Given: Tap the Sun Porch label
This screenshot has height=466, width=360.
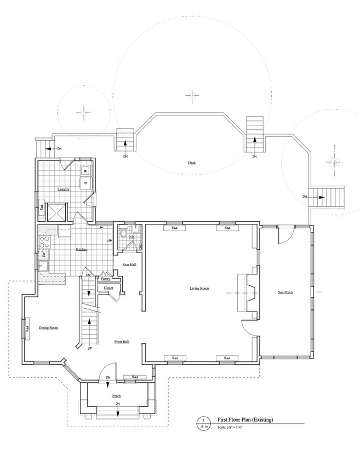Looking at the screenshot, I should click(285, 292).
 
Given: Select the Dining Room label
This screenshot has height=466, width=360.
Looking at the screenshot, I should click(48, 327).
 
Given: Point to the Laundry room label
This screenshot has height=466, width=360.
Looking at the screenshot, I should click(63, 189).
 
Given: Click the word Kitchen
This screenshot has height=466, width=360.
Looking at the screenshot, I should click(82, 250).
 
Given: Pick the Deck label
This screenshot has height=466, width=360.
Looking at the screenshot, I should click(192, 163).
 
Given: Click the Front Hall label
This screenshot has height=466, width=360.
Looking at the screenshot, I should click(122, 342).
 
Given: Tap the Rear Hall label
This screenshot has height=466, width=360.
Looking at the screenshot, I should click(129, 264).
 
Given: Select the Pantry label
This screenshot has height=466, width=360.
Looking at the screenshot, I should click(106, 279).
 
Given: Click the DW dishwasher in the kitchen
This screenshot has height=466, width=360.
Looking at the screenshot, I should click(43, 255).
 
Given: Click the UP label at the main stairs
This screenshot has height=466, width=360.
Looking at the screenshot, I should click(90, 347).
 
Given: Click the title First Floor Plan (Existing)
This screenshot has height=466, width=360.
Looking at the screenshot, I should click(245, 419).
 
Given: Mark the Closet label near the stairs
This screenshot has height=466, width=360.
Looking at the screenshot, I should click(108, 287).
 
